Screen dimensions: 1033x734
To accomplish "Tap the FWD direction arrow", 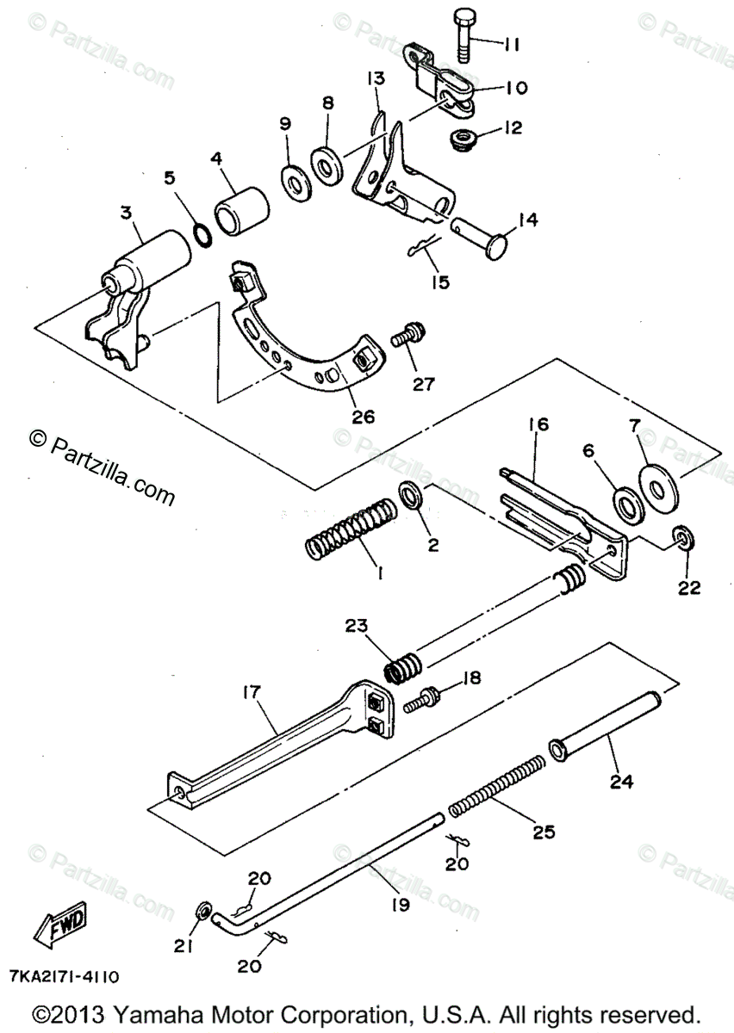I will pos(60,926).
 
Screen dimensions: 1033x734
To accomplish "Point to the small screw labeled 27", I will pos(405,337).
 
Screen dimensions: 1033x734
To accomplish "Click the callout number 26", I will pos(364,417).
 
